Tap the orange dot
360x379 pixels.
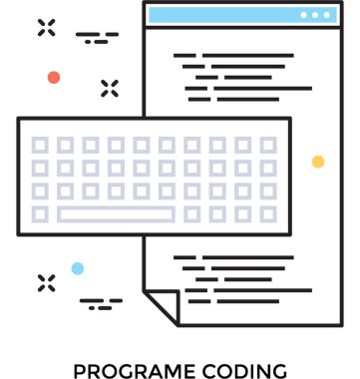click(54, 77)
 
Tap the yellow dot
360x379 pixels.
click(318, 162)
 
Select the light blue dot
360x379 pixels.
click(78, 268)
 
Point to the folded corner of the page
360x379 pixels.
click(160, 304)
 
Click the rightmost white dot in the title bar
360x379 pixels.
click(327, 15)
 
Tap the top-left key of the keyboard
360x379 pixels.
click(40, 145)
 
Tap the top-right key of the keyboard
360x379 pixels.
click(268, 145)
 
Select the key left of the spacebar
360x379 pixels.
click(40, 213)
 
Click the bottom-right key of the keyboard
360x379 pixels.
click(268, 213)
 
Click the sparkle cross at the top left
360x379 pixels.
click(47, 27)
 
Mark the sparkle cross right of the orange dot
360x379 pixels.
click(110, 88)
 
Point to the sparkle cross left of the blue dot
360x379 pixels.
click(47, 282)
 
